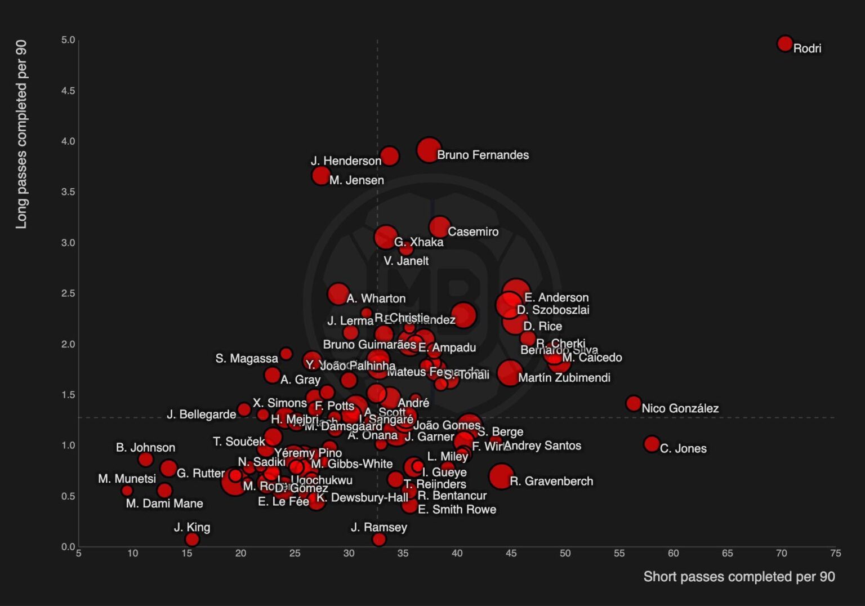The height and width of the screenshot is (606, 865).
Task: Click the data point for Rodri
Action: coord(784,43)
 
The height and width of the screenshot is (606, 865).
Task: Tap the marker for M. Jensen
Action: coord(321,176)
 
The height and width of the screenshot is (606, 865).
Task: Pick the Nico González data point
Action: coord(634,403)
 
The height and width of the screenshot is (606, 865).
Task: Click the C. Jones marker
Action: coord(652,444)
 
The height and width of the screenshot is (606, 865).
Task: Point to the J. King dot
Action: coord(192,540)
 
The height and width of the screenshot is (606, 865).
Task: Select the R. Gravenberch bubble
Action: coord(501,476)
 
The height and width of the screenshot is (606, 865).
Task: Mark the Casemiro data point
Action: coord(440,227)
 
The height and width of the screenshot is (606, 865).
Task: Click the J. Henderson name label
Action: coord(346,161)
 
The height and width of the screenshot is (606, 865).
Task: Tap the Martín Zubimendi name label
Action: coord(564,378)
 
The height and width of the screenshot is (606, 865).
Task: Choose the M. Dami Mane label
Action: coord(164,503)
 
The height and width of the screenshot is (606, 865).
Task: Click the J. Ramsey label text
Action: coord(378,528)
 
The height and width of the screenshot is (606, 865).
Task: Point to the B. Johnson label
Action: coord(145,448)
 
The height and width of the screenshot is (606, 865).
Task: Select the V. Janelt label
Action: coord(406,261)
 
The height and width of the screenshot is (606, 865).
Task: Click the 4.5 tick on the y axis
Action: coord(68,91)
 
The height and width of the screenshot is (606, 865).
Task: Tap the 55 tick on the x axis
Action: coord(619,554)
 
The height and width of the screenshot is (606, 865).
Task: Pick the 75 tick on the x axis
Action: coord(835,554)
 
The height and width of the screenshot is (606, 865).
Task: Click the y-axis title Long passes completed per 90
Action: coord(21,135)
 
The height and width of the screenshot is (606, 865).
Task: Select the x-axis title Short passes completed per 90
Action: coord(739,577)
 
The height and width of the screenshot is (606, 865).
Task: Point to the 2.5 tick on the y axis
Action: coord(68,293)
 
